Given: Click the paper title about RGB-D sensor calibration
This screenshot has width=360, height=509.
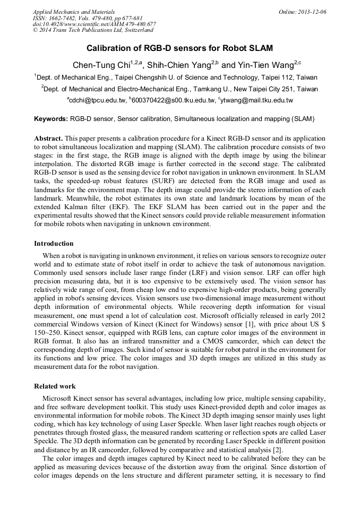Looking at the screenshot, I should click(x=179, y=48).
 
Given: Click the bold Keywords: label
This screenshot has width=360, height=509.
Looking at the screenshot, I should click(x=51, y=119).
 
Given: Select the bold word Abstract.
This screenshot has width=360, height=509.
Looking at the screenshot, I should click(x=50, y=138).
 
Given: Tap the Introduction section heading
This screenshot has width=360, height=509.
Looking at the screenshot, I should click(x=54, y=244).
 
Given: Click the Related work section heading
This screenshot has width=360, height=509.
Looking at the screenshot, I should click(x=55, y=386).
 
